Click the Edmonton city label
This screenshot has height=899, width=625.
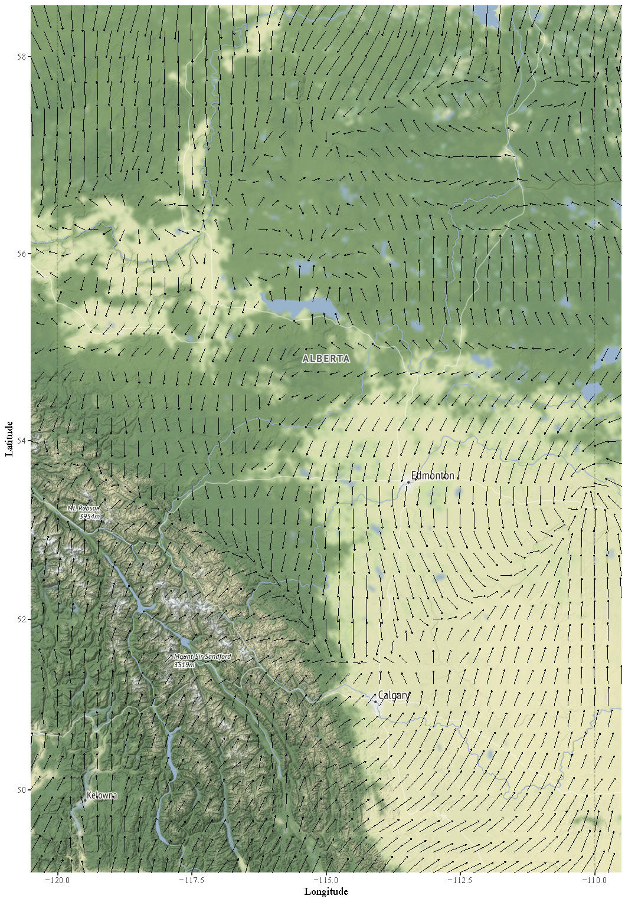432,476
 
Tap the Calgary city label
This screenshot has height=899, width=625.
393,695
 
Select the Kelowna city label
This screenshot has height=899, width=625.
102,796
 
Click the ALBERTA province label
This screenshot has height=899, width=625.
326,359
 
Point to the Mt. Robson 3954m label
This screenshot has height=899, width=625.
84,512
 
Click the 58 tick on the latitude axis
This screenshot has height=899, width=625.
22,57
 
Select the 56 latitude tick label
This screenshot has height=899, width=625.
22,254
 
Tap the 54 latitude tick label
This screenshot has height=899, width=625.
22,441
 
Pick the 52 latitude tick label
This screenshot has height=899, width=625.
22,619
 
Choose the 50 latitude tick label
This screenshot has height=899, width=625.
22,789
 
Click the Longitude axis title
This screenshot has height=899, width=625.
326,891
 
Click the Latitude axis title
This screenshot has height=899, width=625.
9,438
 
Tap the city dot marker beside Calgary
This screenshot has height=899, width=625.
375,701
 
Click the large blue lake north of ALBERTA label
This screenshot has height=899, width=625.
301,307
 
